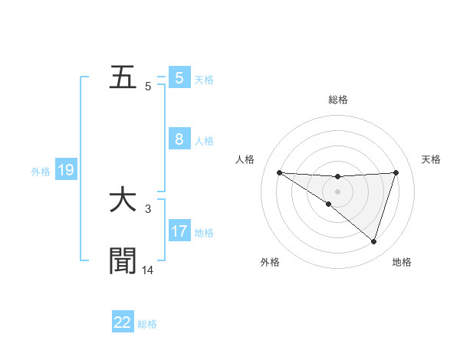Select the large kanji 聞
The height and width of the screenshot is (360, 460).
(123, 260)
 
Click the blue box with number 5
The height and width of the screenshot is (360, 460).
(179, 78)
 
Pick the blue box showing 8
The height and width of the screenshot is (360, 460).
(179, 139)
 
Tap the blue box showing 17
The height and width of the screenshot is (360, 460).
(179, 231)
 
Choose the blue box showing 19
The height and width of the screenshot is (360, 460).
(66, 170)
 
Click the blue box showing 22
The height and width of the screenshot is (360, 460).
(123, 322)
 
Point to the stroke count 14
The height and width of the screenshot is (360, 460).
(148, 270)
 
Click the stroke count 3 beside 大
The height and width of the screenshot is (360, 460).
(148, 208)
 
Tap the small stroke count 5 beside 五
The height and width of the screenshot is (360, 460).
(148, 87)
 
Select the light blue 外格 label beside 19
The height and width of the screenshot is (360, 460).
(41, 172)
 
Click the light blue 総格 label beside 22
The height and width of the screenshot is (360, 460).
(147, 324)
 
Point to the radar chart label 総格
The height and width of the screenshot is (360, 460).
(337, 100)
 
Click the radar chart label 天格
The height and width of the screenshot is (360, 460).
(432, 159)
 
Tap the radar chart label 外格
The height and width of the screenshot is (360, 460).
(270, 262)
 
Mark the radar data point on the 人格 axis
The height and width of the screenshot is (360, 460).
(279, 172)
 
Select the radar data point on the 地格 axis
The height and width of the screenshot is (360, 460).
(373, 241)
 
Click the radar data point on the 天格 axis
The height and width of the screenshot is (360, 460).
(396, 172)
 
